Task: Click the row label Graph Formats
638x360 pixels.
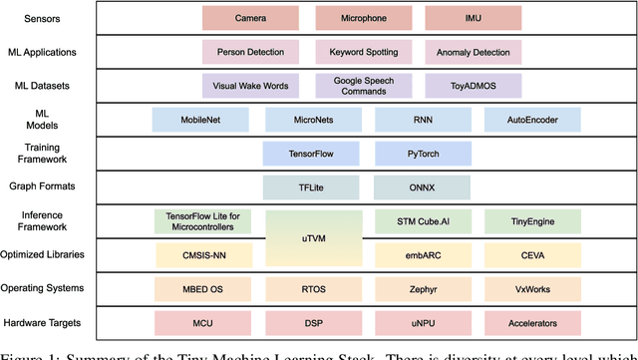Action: (56, 186)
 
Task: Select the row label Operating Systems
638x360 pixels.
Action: (56, 289)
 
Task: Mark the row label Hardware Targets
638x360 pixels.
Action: (56, 323)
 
